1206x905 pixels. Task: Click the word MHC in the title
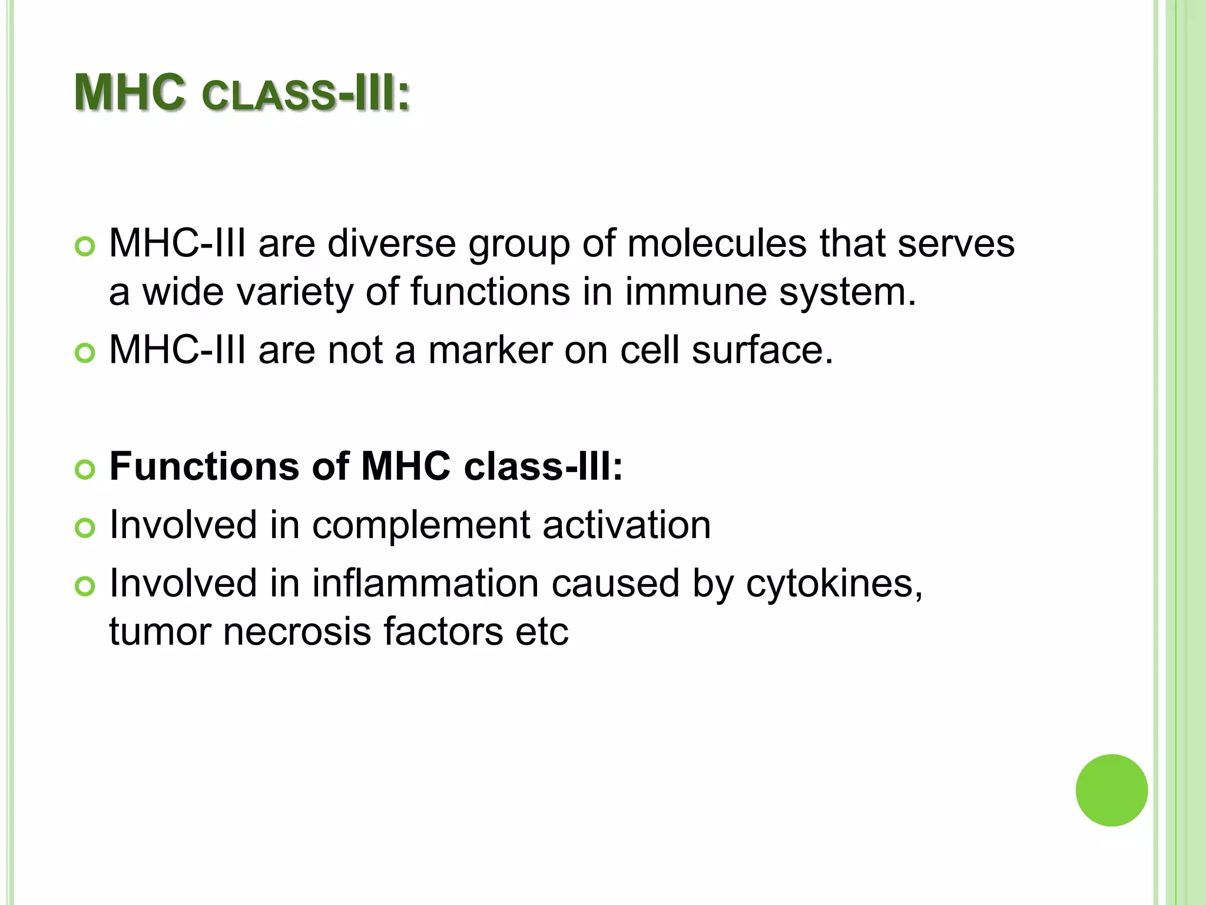pyautogui.click(x=130, y=93)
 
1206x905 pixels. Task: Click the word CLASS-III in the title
pyautogui.click(x=305, y=94)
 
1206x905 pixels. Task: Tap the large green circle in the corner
pyautogui.click(x=1111, y=790)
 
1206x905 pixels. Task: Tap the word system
pyautogui.click(x=847, y=293)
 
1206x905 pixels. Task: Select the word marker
pyautogui.click(x=491, y=350)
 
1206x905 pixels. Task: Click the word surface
pyautogui.click(x=762, y=350)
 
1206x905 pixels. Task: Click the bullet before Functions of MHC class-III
pyautogui.click(x=85, y=470)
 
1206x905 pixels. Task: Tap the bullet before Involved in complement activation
pyautogui.click(x=85, y=528)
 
